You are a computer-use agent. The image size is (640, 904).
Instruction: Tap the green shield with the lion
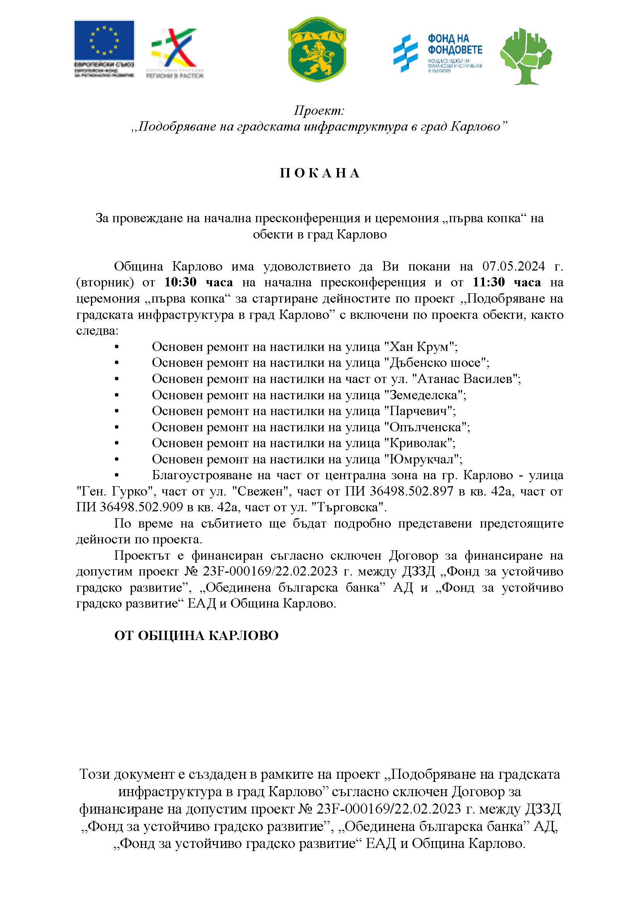[317, 49]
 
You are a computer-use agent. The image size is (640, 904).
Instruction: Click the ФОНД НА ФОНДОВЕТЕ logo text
[455, 44]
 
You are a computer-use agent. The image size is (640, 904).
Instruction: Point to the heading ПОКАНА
[320, 174]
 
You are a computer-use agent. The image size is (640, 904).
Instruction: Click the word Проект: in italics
[319, 111]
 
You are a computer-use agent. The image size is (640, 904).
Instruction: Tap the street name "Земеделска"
[425, 395]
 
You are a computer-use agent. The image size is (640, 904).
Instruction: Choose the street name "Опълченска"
[426, 427]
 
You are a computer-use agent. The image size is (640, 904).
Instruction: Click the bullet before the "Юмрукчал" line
[116, 460]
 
